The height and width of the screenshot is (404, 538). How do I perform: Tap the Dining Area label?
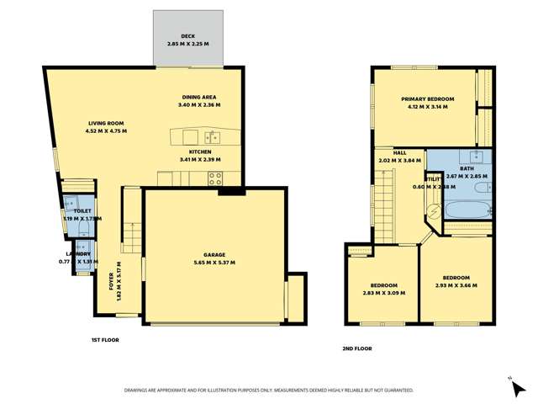click(x=198, y=98)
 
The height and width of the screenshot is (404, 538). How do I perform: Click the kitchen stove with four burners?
click(x=214, y=178)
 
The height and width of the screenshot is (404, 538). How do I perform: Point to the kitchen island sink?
click(x=213, y=136)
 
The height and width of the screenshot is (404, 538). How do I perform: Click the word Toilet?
click(x=82, y=211)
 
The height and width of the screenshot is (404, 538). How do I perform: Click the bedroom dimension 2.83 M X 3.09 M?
click(x=382, y=293)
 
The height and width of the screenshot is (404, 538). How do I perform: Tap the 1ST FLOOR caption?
click(x=105, y=340)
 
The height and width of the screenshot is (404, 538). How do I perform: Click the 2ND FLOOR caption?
click(x=356, y=348)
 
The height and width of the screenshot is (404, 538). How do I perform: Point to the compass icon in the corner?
click(x=510, y=380)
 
